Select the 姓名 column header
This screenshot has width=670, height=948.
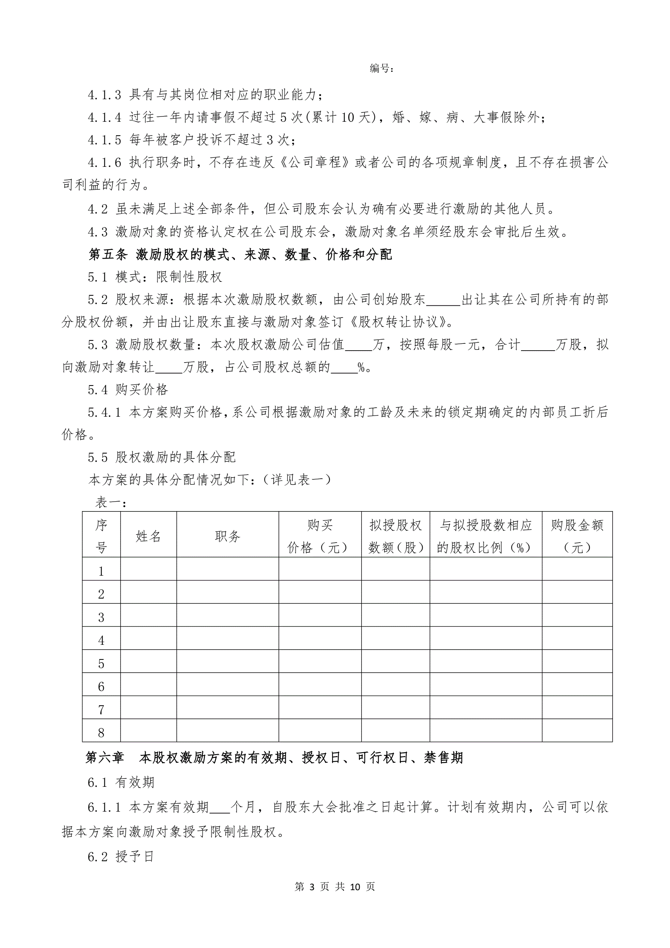(x=148, y=536)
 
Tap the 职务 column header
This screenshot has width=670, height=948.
(x=227, y=536)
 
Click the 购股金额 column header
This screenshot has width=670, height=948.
(x=577, y=536)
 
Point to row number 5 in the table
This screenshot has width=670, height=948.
(x=101, y=664)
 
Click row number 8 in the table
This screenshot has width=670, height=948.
(x=101, y=733)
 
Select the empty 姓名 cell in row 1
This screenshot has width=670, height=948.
(x=148, y=571)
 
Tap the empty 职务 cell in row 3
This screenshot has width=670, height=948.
(x=227, y=617)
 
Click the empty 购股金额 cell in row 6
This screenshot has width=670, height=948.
(x=577, y=686)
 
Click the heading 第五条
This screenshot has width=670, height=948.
(x=108, y=255)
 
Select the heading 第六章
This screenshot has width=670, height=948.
(x=104, y=757)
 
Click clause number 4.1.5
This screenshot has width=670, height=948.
(x=104, y=140)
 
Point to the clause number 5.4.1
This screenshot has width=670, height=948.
(x=104, y=412)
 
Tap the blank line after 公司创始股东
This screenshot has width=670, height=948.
(x=443, y=300)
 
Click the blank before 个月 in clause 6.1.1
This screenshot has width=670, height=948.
(x=220, y=807)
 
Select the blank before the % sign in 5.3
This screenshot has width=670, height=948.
(x=344, y=367)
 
